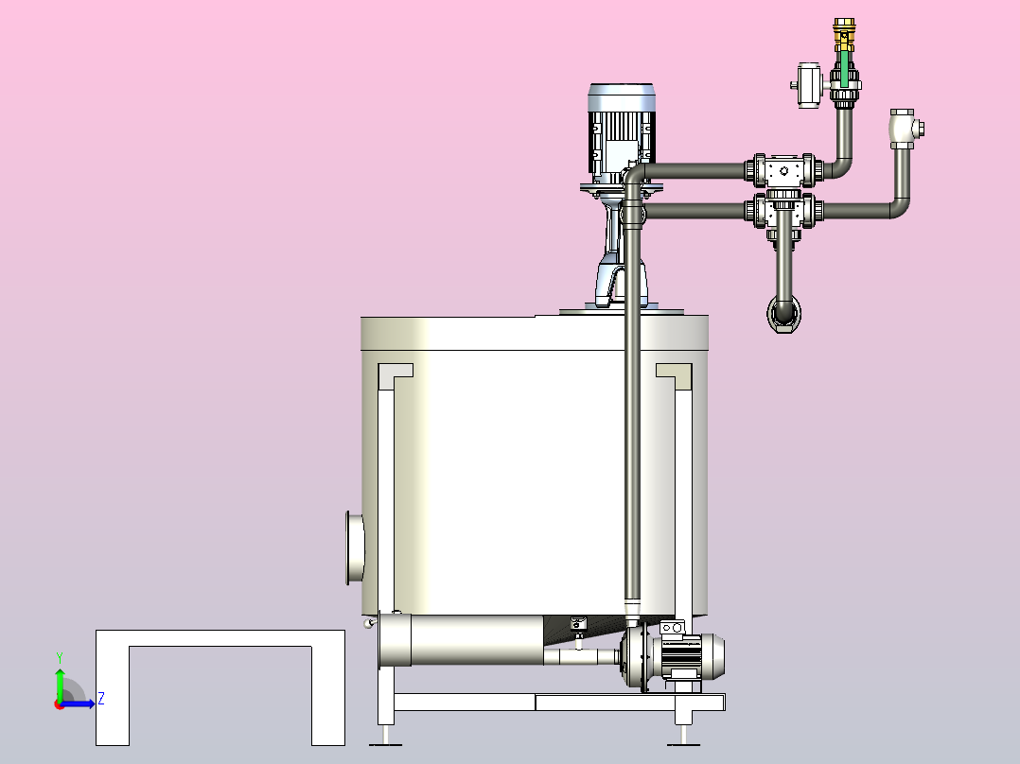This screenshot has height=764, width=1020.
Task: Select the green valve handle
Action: (844, 68)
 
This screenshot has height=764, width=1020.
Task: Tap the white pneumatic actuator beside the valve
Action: (809, 85)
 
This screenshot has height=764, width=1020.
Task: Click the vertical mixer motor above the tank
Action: (622, 133)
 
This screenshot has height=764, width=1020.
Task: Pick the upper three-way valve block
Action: (783, 171)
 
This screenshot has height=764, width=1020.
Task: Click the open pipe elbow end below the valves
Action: (783, 314)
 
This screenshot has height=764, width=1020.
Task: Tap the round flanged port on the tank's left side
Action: (355, 547)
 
